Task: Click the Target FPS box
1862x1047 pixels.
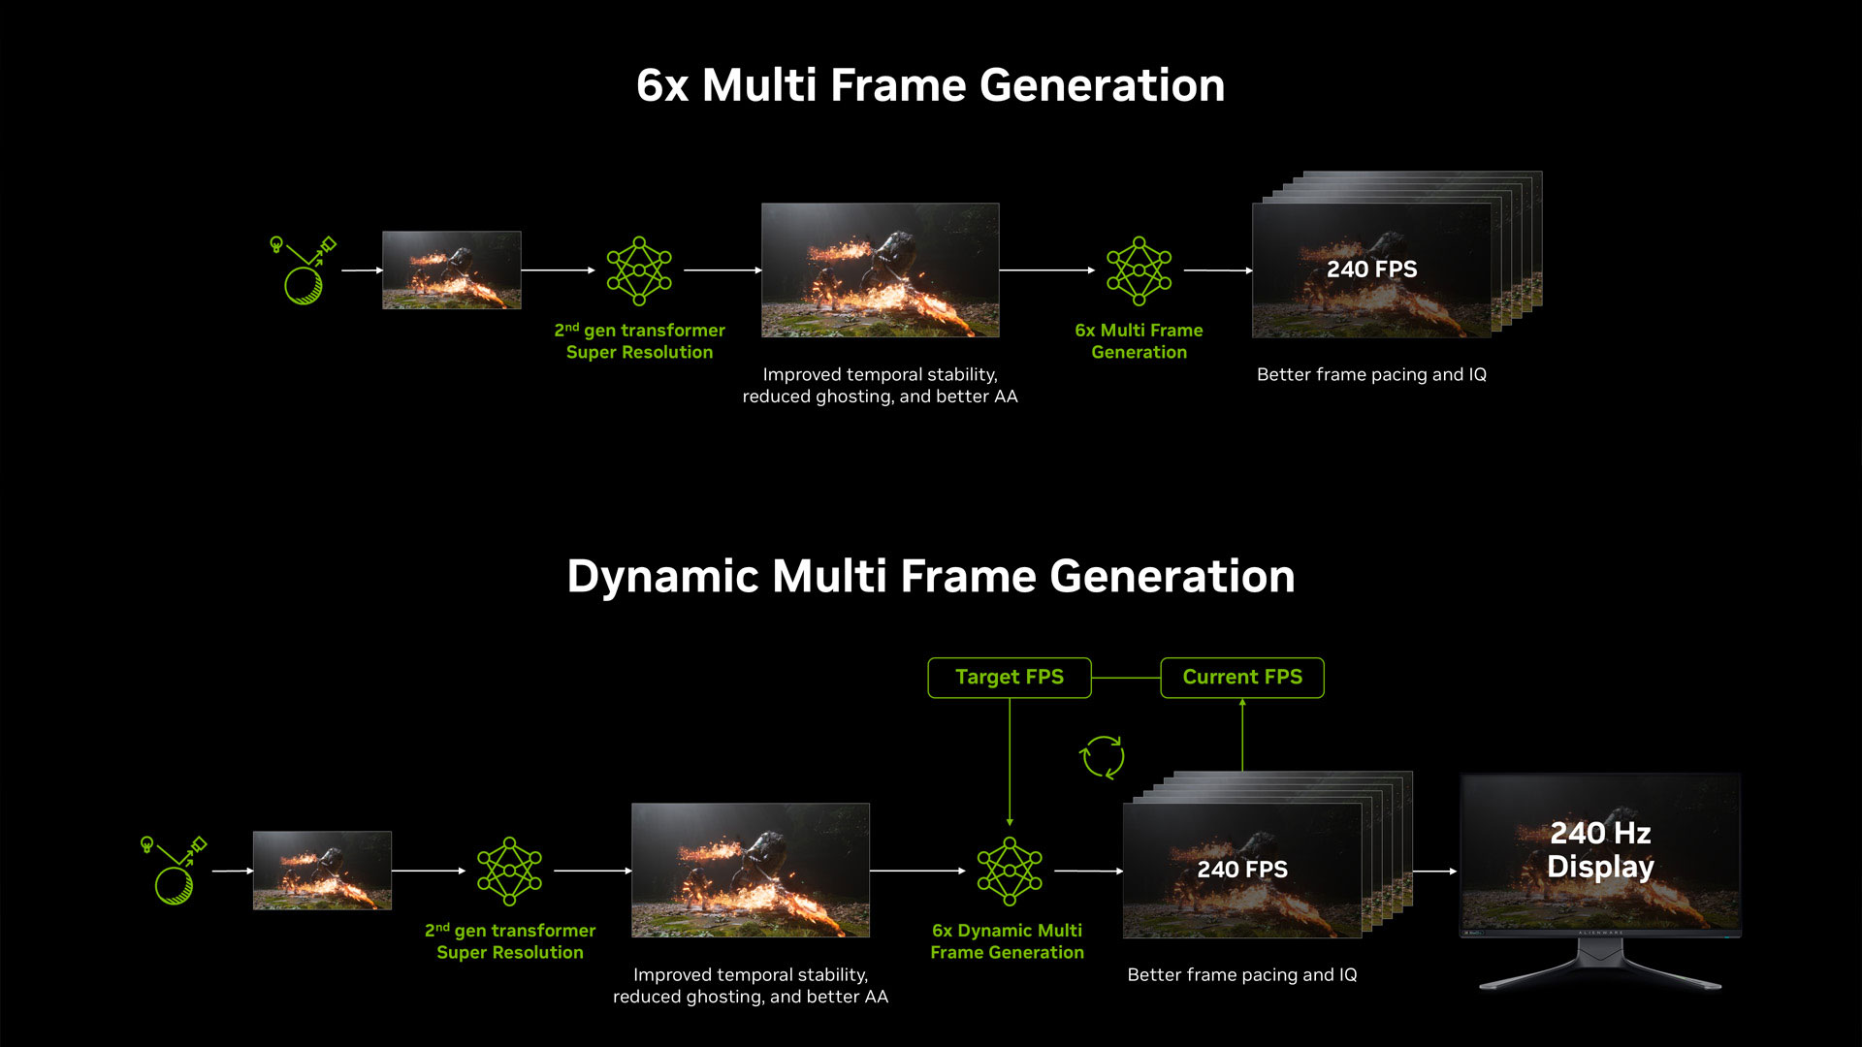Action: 1010,678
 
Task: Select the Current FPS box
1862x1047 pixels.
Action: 1242,678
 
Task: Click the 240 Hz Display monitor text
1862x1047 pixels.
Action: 1600,849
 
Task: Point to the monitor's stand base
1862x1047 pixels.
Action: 1600,980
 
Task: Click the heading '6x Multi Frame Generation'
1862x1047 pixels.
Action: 931,85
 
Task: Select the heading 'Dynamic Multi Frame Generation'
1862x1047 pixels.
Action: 931,577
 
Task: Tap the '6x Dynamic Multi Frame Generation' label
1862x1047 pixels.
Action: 1008,941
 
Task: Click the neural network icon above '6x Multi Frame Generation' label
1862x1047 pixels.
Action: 1140,270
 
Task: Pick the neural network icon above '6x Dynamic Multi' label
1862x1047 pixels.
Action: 1010,872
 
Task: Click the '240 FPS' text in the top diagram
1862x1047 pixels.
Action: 1371,270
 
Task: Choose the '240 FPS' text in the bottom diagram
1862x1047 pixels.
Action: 1242,870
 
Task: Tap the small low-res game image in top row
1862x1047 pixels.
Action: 452,270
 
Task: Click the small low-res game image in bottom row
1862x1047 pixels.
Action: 322,871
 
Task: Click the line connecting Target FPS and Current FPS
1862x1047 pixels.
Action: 1126,678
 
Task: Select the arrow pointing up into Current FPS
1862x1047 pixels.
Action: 1242,735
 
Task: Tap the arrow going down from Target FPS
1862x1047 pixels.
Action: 1010,762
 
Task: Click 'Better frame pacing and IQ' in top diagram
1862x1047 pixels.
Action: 1371,375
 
